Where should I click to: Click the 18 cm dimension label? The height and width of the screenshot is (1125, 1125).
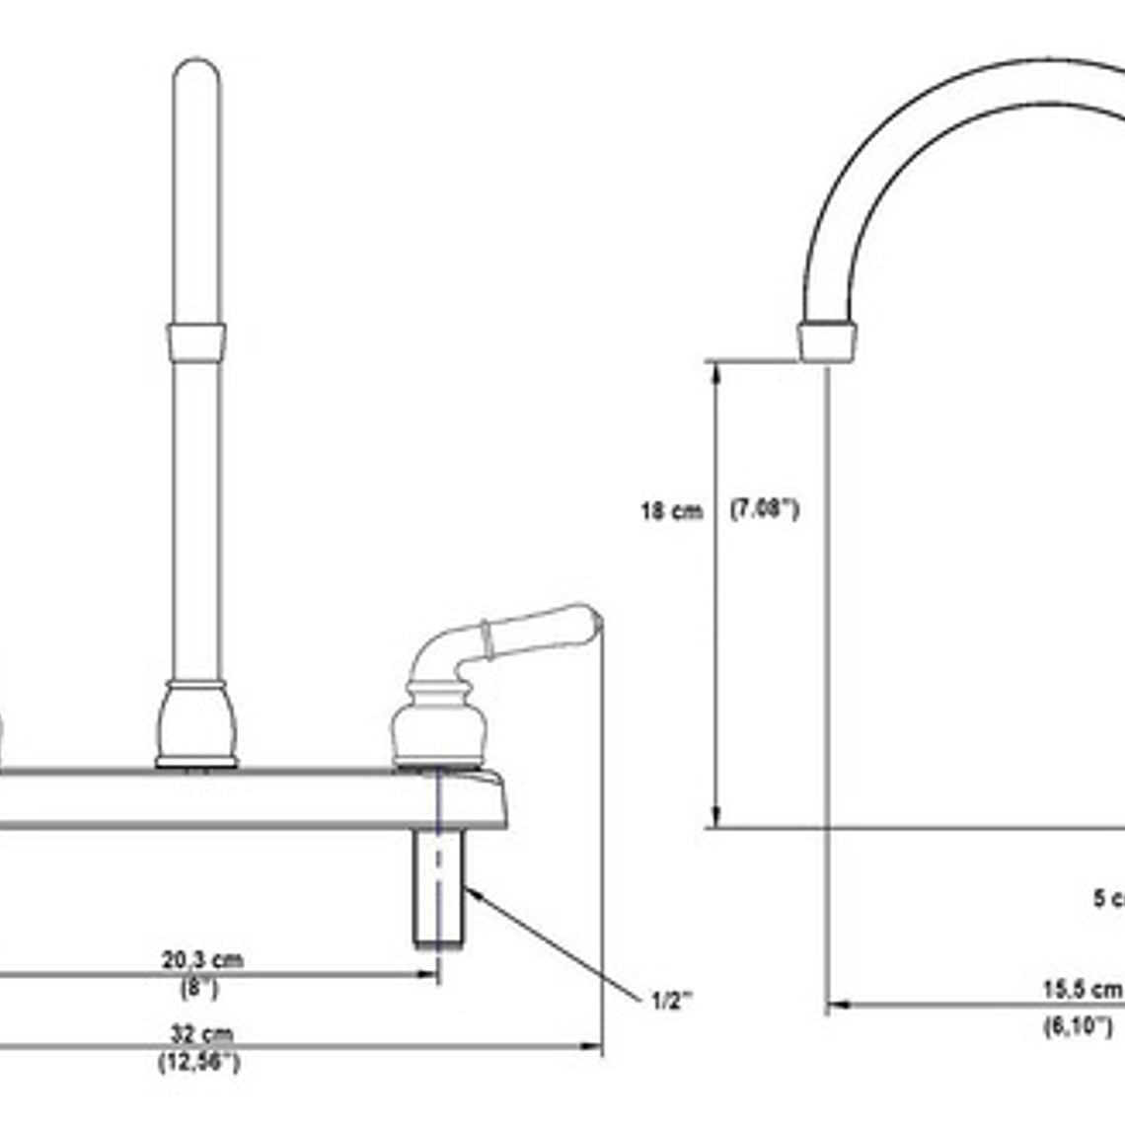click(671, 511)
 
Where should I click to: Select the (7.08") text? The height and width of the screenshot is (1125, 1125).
click(765, 509)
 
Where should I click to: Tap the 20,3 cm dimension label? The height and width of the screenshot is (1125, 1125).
click(202, 959)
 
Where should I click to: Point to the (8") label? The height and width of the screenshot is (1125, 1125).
click(199, 987)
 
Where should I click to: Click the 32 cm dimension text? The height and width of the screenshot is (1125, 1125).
click(201, 1034)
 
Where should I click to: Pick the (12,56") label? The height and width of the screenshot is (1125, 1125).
click(198, 1063)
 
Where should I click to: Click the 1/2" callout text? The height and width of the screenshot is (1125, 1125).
click(672, 1001)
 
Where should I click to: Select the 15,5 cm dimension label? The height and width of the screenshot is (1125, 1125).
click(1083, 989)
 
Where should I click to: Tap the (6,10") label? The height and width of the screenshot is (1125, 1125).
click(1078, 1026)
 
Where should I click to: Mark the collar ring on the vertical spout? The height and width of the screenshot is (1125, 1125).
click(196, 342)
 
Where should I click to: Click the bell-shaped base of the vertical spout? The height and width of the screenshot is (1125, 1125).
click(196, 725)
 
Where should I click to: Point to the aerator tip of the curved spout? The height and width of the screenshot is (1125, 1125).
click(827, 340)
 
